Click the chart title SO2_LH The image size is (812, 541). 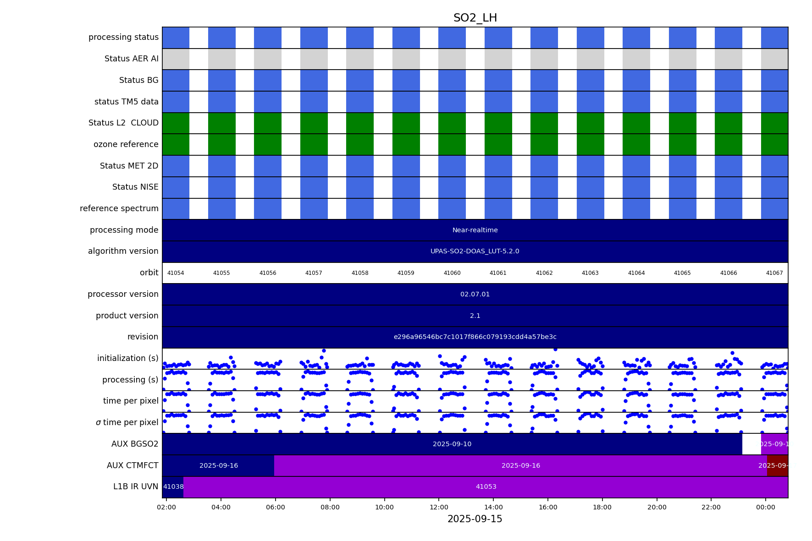475,18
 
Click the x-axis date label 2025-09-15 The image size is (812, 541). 475,519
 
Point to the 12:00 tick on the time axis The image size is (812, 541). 439,507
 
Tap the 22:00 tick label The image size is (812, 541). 711,507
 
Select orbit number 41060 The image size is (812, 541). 452,273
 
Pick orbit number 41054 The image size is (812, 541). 176,273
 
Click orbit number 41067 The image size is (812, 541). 774,273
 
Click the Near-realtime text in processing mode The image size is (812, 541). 475,230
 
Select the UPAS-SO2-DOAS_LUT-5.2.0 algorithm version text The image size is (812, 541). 475,251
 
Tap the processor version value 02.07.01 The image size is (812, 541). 475,294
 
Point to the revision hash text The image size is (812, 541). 475,337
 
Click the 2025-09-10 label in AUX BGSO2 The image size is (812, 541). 452,444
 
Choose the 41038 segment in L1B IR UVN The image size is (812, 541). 173,487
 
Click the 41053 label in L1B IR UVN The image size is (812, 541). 486,487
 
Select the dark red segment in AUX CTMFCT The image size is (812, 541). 778,466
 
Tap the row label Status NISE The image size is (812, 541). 135,187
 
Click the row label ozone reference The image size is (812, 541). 126,144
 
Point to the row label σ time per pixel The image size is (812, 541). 127,422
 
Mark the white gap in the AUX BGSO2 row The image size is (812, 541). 751,444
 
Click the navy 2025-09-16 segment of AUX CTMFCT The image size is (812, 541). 218,466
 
